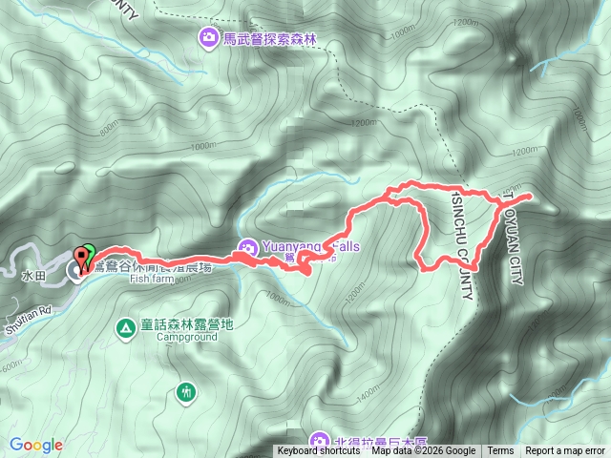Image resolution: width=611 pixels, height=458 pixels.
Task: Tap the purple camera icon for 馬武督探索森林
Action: [207, 38]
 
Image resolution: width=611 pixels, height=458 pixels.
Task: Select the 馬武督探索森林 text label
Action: [268, 39]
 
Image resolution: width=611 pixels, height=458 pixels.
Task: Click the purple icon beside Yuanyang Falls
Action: [246, 247]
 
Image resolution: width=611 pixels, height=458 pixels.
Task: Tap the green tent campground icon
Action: [125, 328]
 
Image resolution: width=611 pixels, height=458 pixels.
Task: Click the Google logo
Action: [36, 445]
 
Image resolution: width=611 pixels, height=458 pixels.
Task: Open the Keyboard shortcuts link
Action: [319, 451]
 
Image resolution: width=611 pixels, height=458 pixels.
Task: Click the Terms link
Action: [500, 451]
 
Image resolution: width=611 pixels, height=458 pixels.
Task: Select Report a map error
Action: [566, 451]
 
